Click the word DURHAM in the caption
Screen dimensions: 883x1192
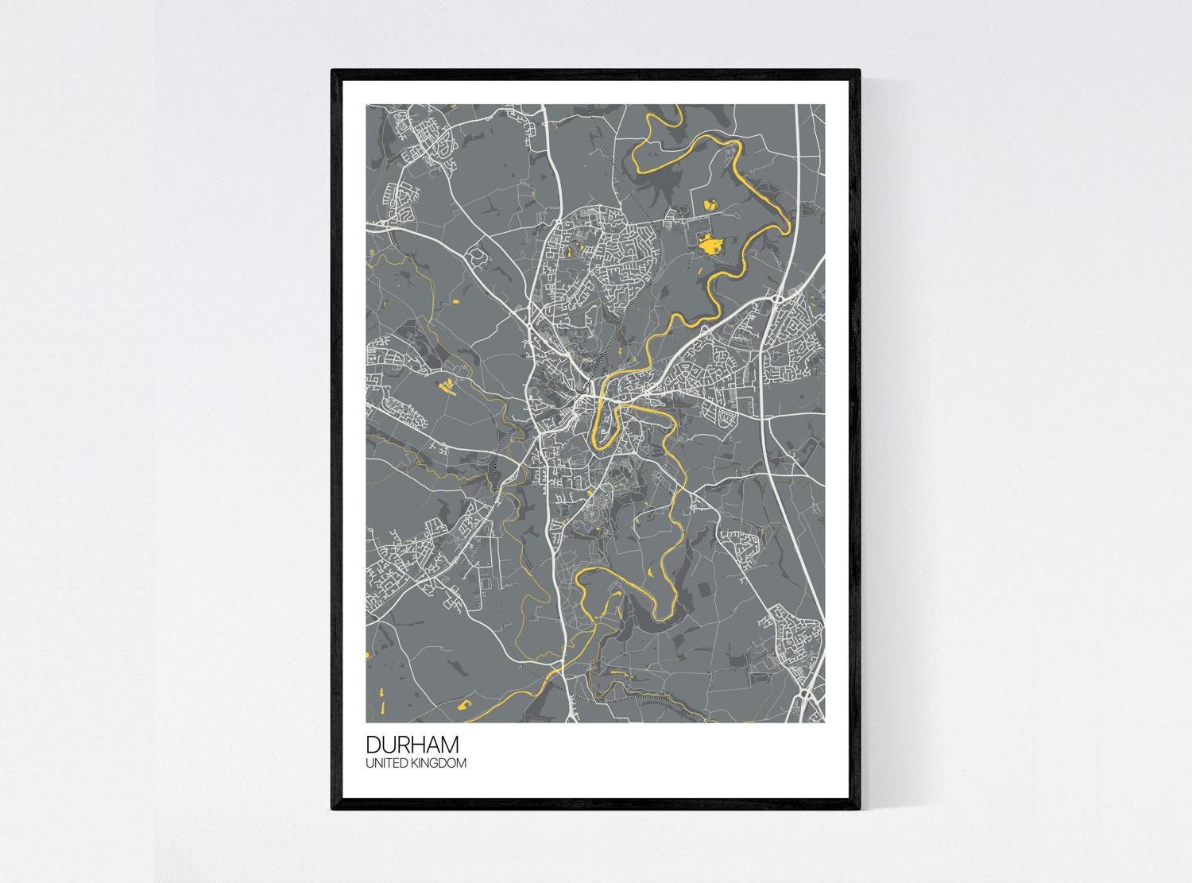(x=412, y=745)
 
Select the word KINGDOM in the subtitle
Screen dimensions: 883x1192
(x=439, y=763)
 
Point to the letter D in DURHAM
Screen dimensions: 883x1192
(x=373, y=745)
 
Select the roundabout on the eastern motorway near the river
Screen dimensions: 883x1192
(x=777, y=300)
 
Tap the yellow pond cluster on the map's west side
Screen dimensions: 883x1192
(x=446, y=386)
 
